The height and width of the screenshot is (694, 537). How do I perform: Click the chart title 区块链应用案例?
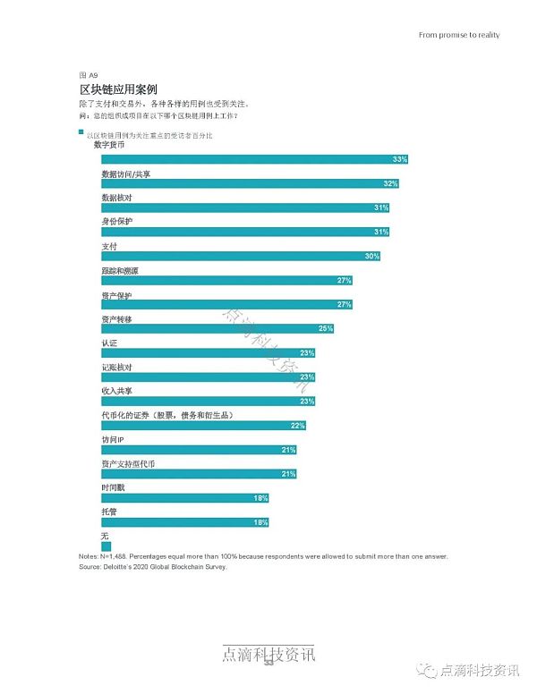(119, 90)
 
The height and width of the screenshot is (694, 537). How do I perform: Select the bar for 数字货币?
(255, 159)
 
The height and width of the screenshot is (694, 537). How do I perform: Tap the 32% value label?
(389, 183)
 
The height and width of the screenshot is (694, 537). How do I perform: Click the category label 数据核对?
(116, 197)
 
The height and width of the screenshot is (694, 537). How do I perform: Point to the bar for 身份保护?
(245, 232)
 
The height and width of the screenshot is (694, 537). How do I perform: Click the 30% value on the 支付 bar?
(371, 256)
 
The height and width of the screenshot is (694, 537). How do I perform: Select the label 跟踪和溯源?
(120, 269)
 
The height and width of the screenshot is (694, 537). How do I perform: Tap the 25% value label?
(325, 328)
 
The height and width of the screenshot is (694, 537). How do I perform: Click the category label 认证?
(109, 343)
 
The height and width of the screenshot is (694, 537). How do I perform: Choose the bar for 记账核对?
(208, 377)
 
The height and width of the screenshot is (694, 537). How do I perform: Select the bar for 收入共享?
(208, 401)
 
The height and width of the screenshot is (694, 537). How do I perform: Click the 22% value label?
(298, 425)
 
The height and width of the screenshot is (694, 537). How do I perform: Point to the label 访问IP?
(112, 439)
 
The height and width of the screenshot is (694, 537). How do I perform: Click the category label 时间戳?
(113, 487)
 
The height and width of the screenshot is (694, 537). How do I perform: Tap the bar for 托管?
(184, 521)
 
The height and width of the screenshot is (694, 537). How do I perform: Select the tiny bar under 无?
(106, 546)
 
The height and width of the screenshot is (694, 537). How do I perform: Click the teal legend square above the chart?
(81, 131)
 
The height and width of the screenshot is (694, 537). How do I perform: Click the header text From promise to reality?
(459, 36)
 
